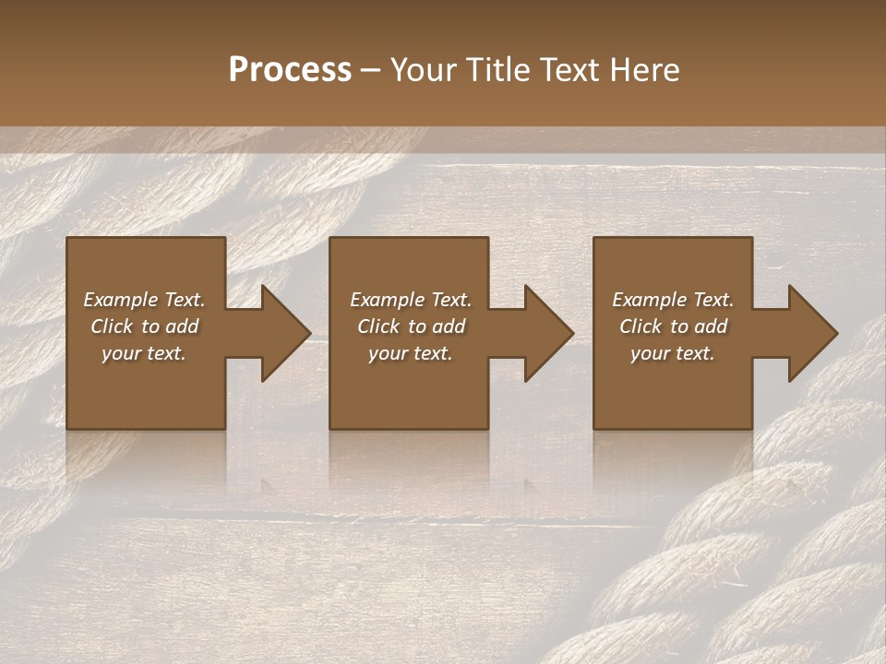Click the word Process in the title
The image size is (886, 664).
click(290, 69)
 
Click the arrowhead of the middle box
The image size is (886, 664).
click(548, 333)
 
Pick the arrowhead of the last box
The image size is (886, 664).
click(812, 333)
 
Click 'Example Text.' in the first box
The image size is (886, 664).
click(144, 300)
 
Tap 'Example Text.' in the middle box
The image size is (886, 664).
click(411, 300)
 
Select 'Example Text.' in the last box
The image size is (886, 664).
click(673, 300)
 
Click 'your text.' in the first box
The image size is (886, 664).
click(144, 353)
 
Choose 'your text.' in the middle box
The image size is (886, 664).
click(411, 353)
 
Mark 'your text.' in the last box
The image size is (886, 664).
click(673, 353)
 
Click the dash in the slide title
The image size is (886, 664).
click(370, 70)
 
